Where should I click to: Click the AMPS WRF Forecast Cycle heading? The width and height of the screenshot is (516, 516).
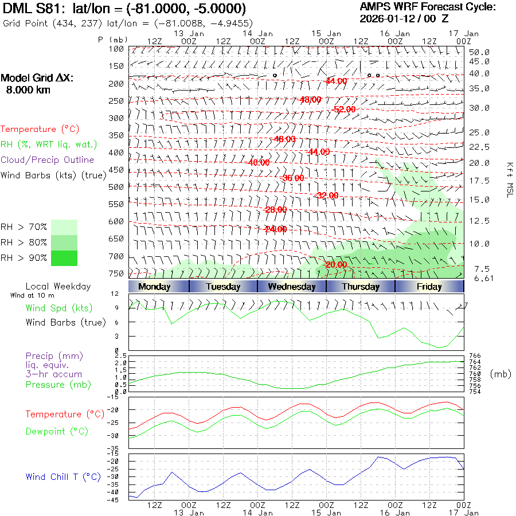pyautogui.click(x=427, y=7)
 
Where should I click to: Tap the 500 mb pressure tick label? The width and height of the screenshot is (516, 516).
pyautogui.click(x=116, y=187)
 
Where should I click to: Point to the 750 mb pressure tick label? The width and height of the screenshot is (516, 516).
pyautogui.click(x=116, y=273)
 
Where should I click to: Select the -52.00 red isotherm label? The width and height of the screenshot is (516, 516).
pyautogui.click(x=345, y=109)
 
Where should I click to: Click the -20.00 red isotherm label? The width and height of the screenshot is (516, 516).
pyautogui.click(x=335, y=264)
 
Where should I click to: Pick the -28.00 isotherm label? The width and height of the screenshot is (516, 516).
pyautogui.click(x=276, y=210)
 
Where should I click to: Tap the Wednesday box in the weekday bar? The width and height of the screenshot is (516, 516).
pyautogui.click(x=292, y=287)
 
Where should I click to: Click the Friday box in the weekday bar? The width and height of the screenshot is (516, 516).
pyautogui.click(x=429, y=287)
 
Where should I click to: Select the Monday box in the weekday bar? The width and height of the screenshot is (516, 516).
pyautogui.click(x=154, y=287)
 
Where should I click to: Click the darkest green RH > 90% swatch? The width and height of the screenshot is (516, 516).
pyautogui.click(x=64, y=258)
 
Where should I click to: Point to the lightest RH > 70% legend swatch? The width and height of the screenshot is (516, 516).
pyautogui.click(x=64, y=227)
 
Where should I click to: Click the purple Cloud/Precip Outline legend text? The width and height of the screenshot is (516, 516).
pyautogui.click(x=48, y=160)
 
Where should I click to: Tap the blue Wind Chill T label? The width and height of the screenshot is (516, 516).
pyautogui.click(x=63, y=477)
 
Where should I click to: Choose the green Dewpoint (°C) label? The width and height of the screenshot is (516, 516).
pyautogui.click(x=57, y=431)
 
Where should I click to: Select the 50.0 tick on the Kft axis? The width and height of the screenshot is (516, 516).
pyautogui.click(x=479, y=52)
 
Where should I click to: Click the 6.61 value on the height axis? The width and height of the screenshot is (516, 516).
pyautogui.click(x=479, y=279)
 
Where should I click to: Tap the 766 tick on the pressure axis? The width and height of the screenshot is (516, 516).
pyautogui.click(x=475, y=356)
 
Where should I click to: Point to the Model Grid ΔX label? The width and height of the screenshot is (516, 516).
pyautogui.click(x=38, y=78)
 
